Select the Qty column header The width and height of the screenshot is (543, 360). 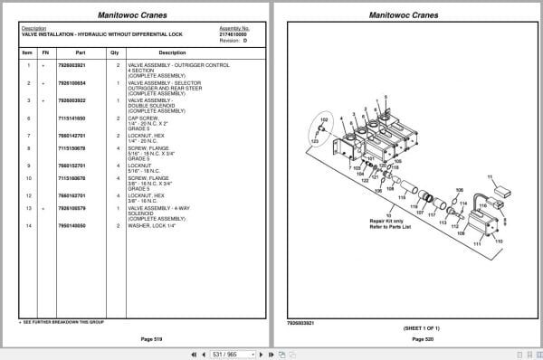115,52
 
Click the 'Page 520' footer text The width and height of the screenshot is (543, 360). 424,338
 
